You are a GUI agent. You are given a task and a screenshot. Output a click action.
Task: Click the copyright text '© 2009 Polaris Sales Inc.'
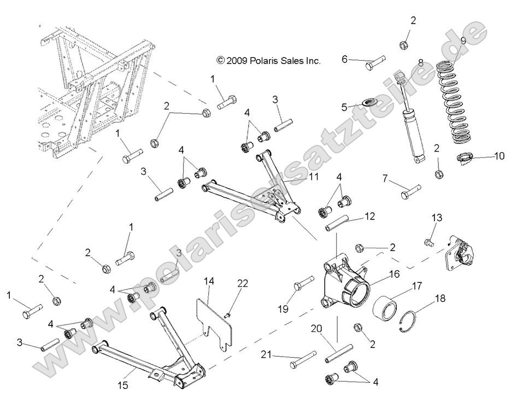(x=268, y=61)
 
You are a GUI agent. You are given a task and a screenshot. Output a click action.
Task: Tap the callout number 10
(x=499, y=156)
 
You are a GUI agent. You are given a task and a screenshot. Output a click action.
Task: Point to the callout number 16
(x=394, y=273)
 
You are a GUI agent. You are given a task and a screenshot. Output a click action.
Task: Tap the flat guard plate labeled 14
(x=216, y=319)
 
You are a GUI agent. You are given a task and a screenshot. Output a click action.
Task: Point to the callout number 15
(x=123, y=385)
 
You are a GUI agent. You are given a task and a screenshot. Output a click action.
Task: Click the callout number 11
(x=313, y=177)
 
